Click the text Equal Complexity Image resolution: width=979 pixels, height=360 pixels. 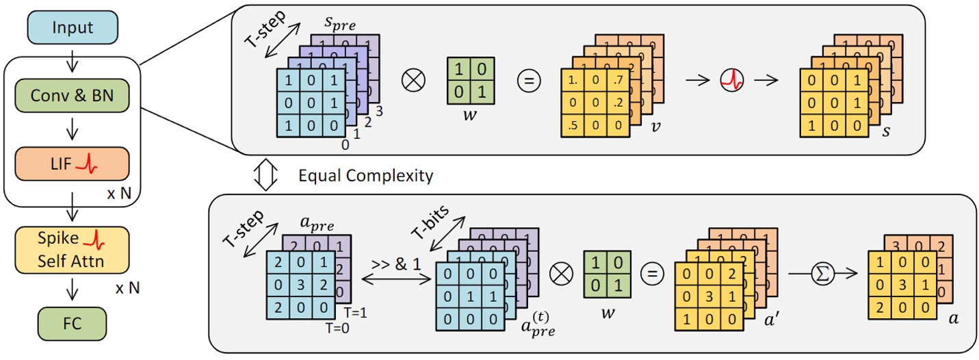pos(366,176)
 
